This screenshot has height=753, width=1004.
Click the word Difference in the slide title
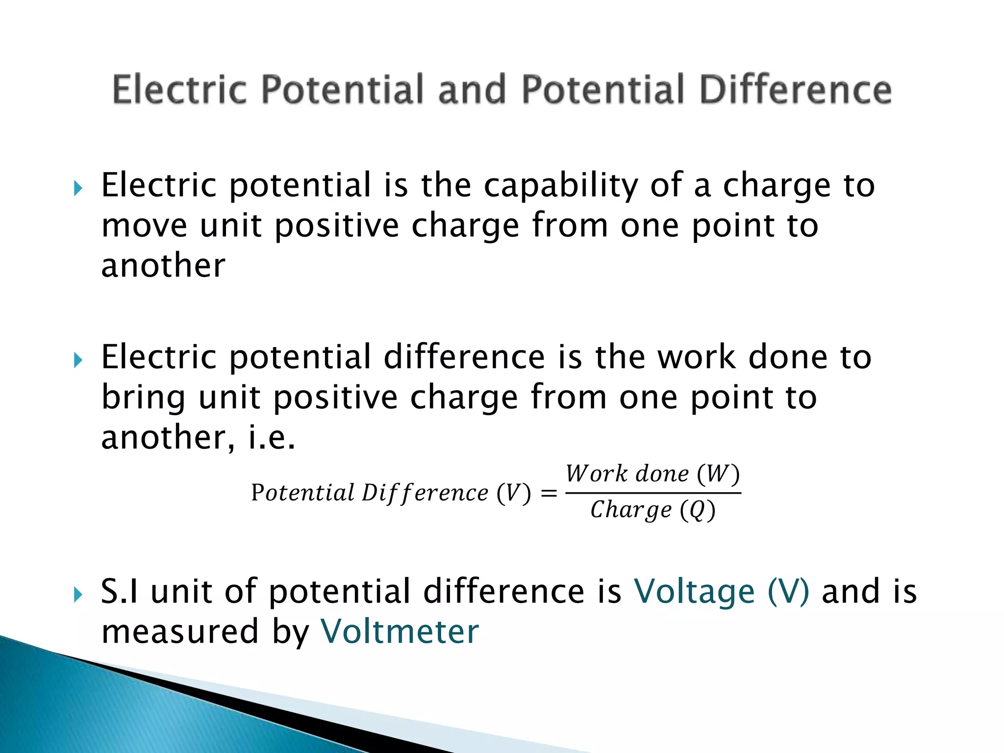(795, 90)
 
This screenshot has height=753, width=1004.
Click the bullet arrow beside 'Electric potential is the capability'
(78, 188)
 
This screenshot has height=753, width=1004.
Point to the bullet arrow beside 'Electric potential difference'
(78, 361)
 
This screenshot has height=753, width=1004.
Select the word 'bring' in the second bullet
(143, 398)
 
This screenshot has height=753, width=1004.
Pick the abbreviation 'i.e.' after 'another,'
(272, 437)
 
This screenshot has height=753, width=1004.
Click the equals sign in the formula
(549, 493)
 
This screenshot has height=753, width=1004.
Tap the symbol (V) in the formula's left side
(513, 493)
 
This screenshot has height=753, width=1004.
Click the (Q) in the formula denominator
(698, 510)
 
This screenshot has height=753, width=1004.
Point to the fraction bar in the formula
(653, 493)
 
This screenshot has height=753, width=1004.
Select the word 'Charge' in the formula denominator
(631, 510)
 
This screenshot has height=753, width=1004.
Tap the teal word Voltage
(694, 592)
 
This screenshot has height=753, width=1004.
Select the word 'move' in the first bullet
(144, 226)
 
